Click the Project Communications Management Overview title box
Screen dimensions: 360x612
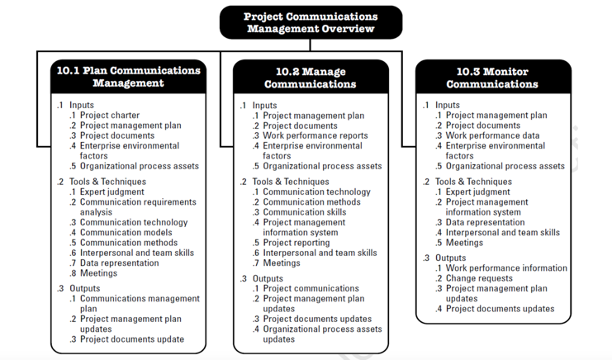tap(311, 22)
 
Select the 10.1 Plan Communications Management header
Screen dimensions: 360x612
tap(128, 76)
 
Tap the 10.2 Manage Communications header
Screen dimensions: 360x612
tap(311, 77)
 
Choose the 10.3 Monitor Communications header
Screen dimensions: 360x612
tap(492, 77)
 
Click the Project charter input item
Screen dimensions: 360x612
tap(110, 116)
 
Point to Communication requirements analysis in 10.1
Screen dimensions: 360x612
tap(138, 206)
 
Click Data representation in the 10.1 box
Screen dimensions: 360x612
tap(120, 263)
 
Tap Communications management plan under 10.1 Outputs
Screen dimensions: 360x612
tap(139, 303)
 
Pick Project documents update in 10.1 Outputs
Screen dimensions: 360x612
tap(132, 339)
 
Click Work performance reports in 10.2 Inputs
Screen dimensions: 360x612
tap(315, 135)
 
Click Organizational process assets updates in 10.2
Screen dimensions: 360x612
tap(322, 334)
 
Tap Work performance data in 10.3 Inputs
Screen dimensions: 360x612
tap(493, 135)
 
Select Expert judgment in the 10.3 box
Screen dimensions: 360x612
tap(478, 192)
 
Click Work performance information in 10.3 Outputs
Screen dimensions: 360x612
tap(506, 268)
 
